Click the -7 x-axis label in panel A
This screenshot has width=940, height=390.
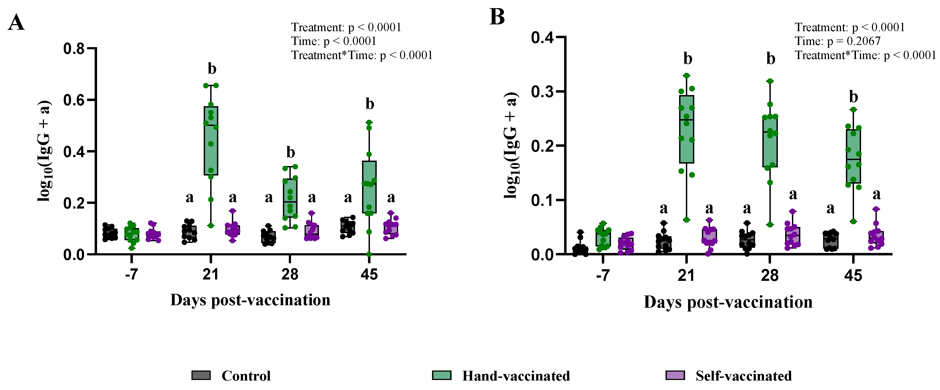click(x=131, y=274)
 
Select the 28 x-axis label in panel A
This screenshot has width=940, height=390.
click(x=289, y=274)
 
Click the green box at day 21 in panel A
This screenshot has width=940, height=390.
click(x=210, y=141)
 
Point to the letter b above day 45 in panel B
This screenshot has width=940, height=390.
click(x=853, y=97)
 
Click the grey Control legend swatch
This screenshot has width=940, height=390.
click(x=201, y=375)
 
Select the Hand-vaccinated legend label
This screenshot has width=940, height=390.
click(x=516, y=376)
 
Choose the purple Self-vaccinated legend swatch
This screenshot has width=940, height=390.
click(x=675, y=375)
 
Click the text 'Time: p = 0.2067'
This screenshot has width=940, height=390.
click(x=837, y=41)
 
